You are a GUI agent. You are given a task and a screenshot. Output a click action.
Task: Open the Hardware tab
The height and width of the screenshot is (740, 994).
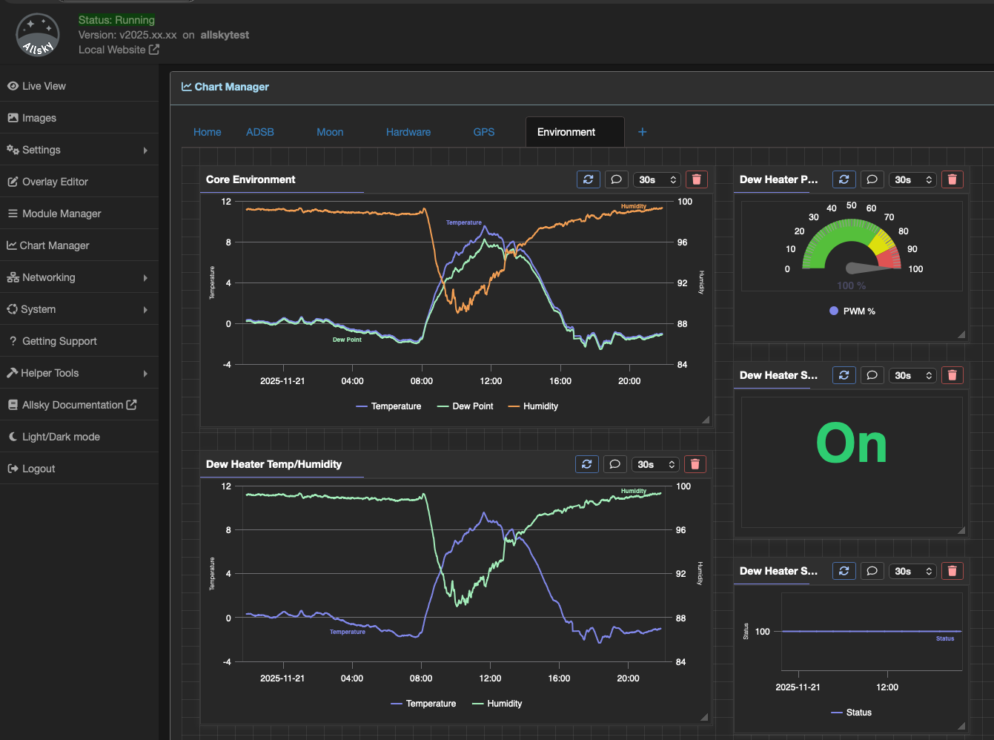408,132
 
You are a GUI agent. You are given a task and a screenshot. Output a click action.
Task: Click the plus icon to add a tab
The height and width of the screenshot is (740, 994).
642,132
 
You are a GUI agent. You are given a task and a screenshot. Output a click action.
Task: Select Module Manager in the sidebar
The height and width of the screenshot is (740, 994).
62,214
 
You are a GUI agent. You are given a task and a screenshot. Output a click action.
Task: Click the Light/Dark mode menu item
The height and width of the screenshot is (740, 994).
61,437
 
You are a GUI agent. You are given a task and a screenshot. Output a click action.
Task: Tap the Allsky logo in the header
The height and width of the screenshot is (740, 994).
38,35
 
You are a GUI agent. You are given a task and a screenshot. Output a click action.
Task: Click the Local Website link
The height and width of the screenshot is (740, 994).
119,50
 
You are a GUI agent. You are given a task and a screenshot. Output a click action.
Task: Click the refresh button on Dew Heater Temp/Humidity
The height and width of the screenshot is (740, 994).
586,464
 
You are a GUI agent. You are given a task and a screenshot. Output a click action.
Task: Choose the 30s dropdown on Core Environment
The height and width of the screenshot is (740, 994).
657,179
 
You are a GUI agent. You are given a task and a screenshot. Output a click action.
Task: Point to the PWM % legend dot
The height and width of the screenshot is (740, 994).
834,311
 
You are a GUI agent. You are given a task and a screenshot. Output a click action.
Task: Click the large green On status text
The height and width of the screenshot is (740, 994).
851,444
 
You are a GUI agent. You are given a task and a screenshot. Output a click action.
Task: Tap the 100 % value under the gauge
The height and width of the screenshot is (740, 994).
851,285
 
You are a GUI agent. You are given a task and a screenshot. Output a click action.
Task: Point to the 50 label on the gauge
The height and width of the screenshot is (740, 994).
851,205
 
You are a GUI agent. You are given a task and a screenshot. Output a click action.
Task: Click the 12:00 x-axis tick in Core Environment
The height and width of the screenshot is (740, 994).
491,381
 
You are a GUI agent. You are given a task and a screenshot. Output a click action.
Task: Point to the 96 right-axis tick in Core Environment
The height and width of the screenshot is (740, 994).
682,242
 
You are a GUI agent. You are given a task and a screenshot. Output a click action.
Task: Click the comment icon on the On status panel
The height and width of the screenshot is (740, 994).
872,375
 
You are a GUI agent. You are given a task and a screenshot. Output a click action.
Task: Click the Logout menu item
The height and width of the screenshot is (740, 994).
39,469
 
